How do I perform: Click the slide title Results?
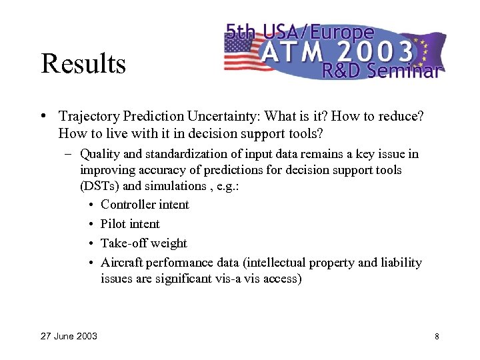[x=83, y=64]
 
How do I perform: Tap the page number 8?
[x=437, y=336]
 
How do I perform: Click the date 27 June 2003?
[x=69, y=336]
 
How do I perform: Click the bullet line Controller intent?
[x=145, y=205]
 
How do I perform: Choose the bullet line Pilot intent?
[x=130, y=224]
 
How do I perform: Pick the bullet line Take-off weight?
[x=143, y=243]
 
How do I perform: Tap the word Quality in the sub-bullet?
[x=100, y=154]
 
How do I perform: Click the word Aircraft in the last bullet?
[x=121, y=263]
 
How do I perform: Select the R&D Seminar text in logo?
[x=380, y=71]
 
